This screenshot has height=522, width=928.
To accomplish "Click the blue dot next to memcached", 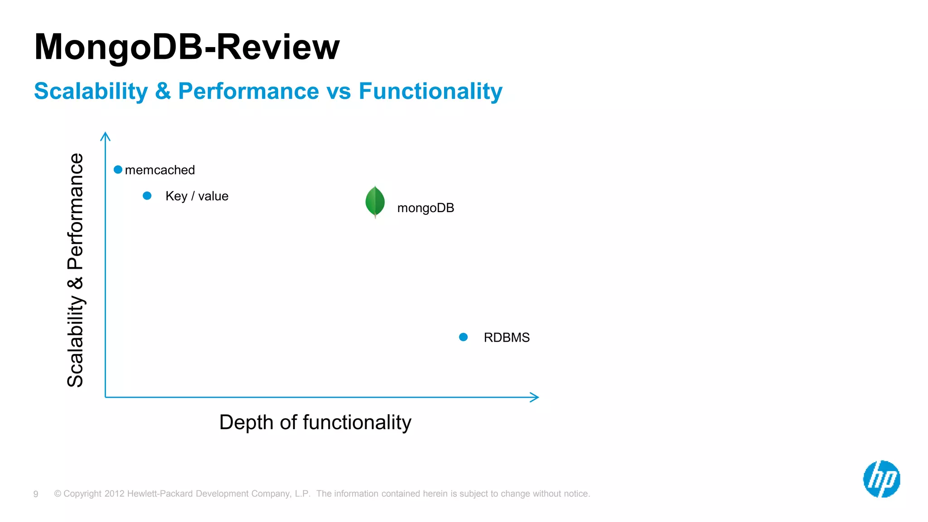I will click(x=118, y=170).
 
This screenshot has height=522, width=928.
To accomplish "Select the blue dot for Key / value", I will click(x=147, y=196).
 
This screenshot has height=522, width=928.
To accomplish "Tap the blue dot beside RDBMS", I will click(x=463, y=337).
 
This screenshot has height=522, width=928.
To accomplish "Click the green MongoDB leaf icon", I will click(x=375, y=202).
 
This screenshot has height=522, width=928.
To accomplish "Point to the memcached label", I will click(x=159, y=170).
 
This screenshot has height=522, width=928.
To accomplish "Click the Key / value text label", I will click(x=197, y=196).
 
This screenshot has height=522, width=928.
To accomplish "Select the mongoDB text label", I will click(x=425, y=208).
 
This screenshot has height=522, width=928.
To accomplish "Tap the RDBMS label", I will click(x=507, y=338).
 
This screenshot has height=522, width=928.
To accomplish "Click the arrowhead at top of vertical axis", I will click(x=105, y=135).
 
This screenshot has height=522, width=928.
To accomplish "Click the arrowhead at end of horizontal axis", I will click(x=535, y=397).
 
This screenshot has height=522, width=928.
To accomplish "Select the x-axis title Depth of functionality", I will click(x=315, y=422).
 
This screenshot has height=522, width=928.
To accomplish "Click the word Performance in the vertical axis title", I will click(x=75, y=211).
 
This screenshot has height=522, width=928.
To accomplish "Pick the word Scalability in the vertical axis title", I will click(x=75, y=341).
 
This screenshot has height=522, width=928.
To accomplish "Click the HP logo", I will click(x=881, y=479).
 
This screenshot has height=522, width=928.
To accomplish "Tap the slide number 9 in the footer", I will click(x=36, y=494).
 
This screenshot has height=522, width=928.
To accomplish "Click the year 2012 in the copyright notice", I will click(x=114, y=493).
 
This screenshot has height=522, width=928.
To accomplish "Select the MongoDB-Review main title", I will click(x=187, y=47).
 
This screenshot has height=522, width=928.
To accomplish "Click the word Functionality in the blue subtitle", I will click(x=430, y=91).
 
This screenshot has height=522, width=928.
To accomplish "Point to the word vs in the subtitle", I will click(x=338, y=91).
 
